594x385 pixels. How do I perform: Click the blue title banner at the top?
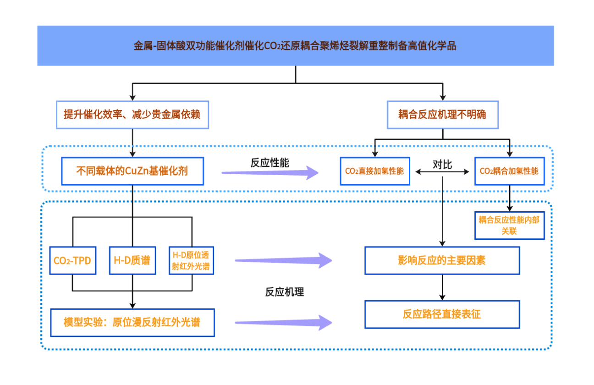(295, 46)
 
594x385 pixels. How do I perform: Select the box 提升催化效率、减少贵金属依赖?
(132, 115)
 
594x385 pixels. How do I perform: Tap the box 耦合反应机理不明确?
(442, 115)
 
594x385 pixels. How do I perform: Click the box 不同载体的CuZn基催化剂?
(132, 171)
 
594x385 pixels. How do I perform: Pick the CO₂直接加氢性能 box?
(374, 171)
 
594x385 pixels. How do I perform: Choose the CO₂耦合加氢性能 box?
(509, 171)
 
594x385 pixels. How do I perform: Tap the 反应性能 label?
(269, 163)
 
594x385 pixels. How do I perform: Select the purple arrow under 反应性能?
(270, 173)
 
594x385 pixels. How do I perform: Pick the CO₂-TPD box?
(72, 260)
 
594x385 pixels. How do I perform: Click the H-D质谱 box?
(132, 260)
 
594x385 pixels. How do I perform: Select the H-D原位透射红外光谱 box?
(191, 260)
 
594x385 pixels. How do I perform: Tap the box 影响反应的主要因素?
(442, 260)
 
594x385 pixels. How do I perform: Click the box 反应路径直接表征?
(442, 314)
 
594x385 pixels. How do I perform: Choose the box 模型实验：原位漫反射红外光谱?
(132, 322)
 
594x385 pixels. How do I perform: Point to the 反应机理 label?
(284, 292)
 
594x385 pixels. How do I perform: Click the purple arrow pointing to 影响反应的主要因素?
(284, 260)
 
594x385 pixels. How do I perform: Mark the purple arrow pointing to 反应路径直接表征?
(284, 322)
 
